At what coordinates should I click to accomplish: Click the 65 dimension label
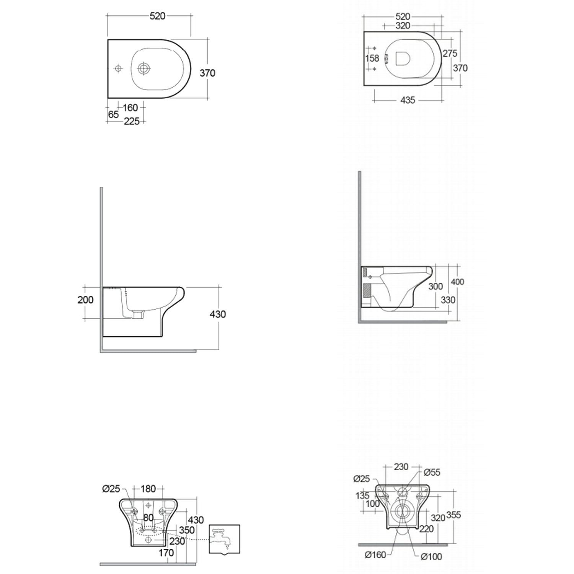pos(113,114)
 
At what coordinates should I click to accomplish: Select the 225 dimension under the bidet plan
pos(132,121)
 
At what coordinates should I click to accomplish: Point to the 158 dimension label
pos(372,59)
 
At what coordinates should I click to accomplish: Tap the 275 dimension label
pos(450,54)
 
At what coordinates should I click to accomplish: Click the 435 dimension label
pos(408,100)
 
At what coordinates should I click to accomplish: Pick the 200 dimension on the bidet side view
pos(85,300)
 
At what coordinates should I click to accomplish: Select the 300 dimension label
pos(435,286)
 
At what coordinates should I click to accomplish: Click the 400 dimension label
pos(457,282)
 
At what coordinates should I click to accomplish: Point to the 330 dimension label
pos(448,300)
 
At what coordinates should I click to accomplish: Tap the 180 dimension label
pos(148,489)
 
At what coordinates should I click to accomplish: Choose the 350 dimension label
pos(187,530)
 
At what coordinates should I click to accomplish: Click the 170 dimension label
pos(166,553)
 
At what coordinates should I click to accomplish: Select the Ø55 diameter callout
pos(432,472)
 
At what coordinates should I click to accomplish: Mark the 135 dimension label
pos(362,496)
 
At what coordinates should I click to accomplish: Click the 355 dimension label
pos(453,515)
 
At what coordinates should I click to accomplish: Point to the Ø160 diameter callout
pos(375,554)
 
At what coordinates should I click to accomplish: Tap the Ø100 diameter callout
pos(431,557)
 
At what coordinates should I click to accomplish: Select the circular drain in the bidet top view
pos(144,68)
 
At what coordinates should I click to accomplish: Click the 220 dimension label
pos(426,529)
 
